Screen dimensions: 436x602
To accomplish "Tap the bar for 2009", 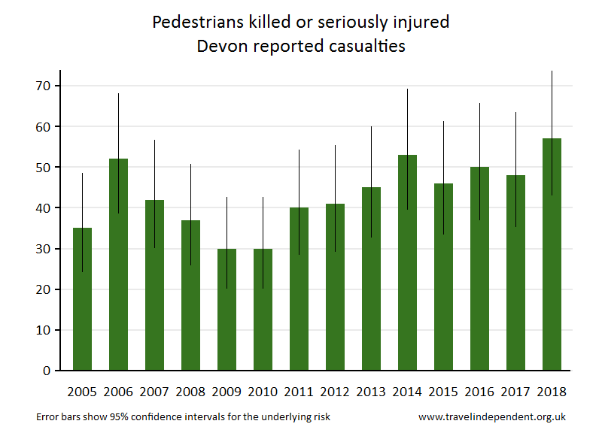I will [x=227, y=309].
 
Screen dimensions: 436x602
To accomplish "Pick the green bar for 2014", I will [x=408, y=262].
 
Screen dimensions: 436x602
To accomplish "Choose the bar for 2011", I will [x=299, y=289].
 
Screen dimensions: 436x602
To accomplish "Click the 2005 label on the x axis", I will [x=82, y=392].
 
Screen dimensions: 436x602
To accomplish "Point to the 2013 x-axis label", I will [x=371, y=392].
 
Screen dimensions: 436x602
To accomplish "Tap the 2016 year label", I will [x=479, y=392].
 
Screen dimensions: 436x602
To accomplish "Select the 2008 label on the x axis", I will [x=190, y=392].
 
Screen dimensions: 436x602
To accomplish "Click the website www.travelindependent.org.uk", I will [x=491, y=416].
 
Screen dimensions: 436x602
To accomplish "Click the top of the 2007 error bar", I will [x=155, y=141].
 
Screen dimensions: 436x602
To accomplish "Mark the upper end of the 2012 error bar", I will [x=336, y=146].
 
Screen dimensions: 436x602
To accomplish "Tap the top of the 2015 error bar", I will [x=444, y=122].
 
